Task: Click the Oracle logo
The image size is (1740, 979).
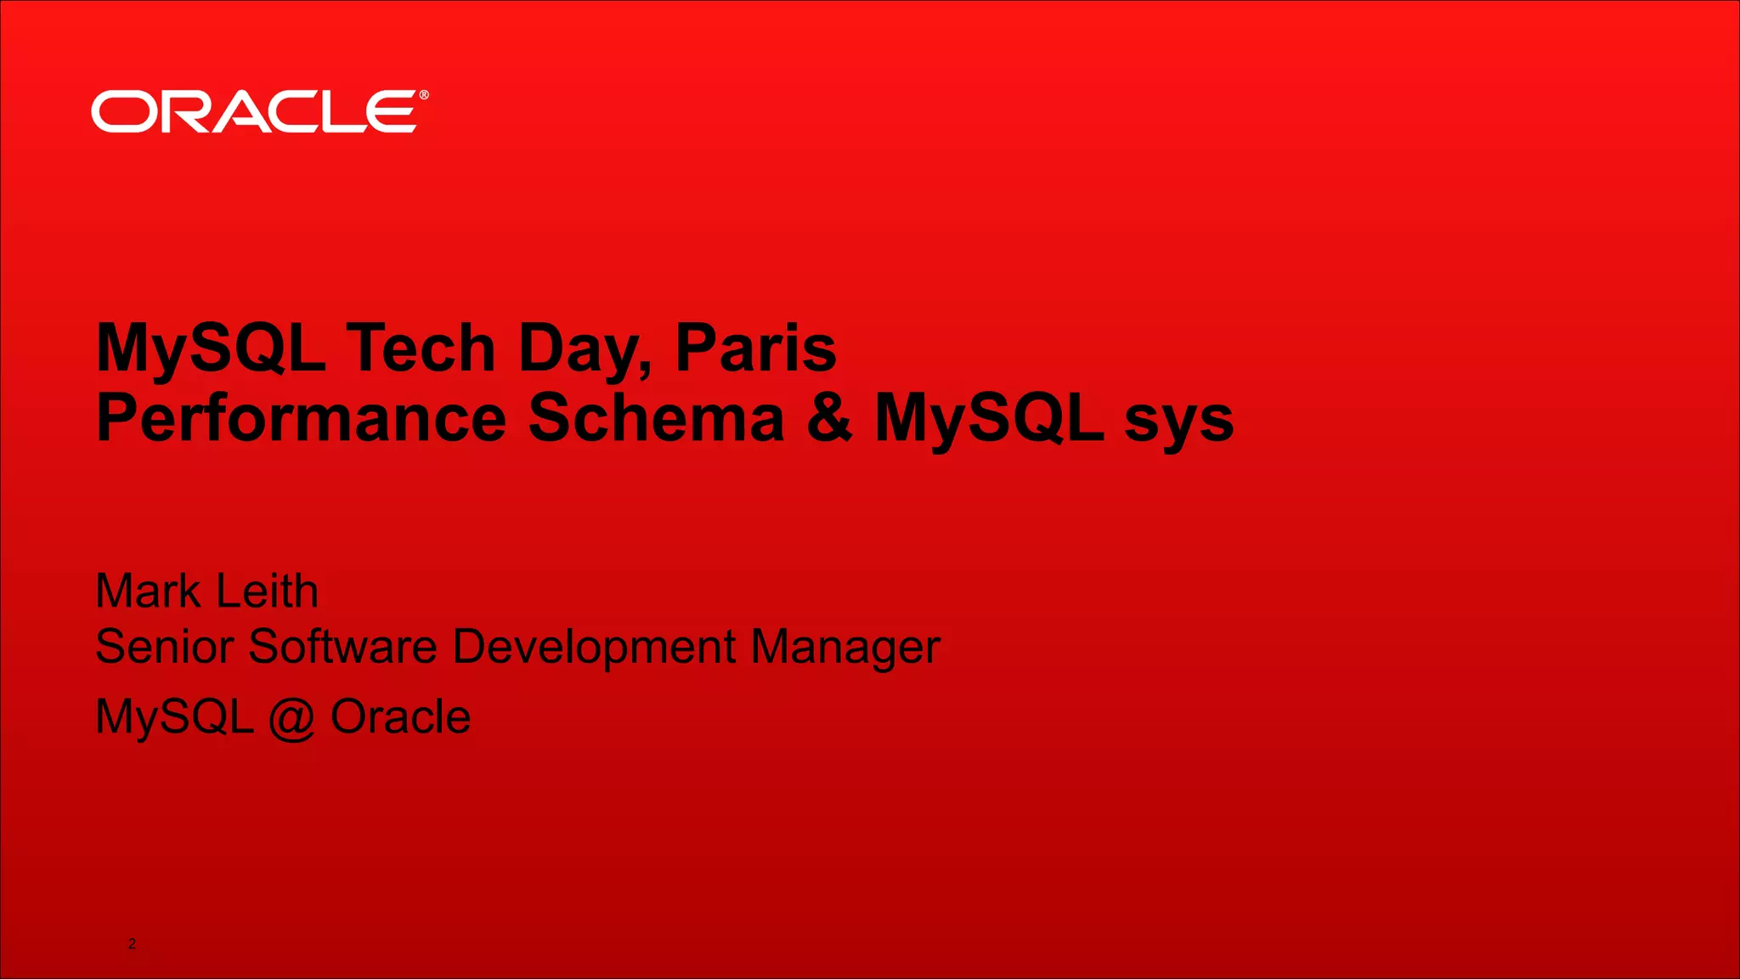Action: click(253, 111)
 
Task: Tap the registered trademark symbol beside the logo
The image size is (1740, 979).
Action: click(424, 95)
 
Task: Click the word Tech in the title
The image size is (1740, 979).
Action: click(421, 348)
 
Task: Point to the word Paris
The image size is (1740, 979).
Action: click(755, 348)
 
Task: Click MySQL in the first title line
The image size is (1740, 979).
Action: click(211, 348)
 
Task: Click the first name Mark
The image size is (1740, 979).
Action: click(148, 591)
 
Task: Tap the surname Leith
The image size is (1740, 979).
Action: click(267, 591)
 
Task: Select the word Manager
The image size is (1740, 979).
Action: click(845, 648)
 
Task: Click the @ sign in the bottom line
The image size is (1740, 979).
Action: click(291, 718)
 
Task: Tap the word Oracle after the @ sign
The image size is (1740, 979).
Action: click(400, 716)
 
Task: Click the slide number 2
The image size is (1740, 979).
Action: click(132, 943)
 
